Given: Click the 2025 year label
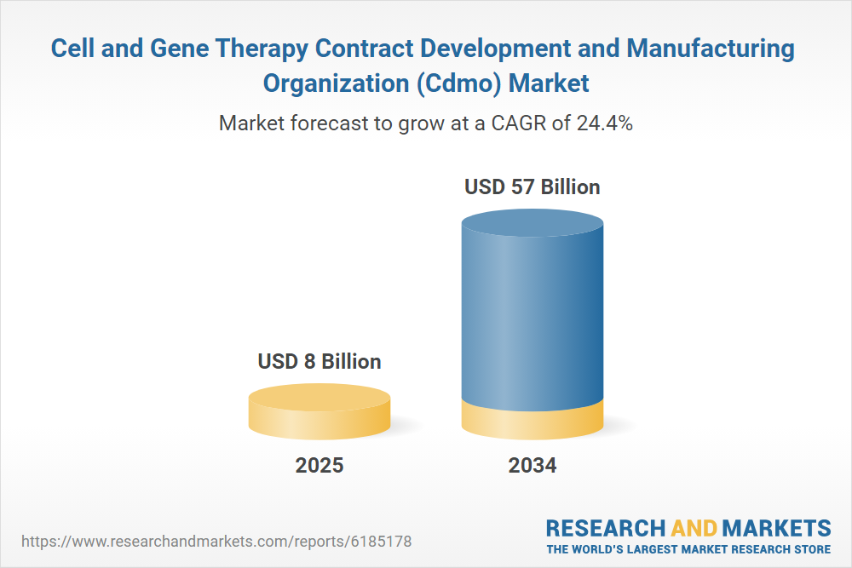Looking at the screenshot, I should pyautogui.click(x=319, y=466).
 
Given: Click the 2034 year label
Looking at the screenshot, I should pyautogui.click(x=532, y=466).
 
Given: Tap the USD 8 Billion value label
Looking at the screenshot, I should pyautogui.click(x=319, y=361).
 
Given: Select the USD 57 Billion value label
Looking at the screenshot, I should pyautogui.click(x=532, y=186).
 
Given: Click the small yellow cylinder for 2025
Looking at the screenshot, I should pyautogui.click(x=319, y=412).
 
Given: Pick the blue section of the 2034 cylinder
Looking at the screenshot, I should pyautogui.click(x=532, y=315).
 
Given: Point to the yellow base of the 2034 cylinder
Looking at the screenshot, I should pyautogui.click(x=532, y=420).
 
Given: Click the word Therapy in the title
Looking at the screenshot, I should pyautogui.click(x=260, y=49).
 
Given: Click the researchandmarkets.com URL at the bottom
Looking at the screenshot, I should pyautogui.click(x=216, y=541).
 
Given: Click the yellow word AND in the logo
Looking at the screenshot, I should pyautogui.click(x=694, y=527).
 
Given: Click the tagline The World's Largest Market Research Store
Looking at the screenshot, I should pyautogui.click(x=688, y=548).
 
